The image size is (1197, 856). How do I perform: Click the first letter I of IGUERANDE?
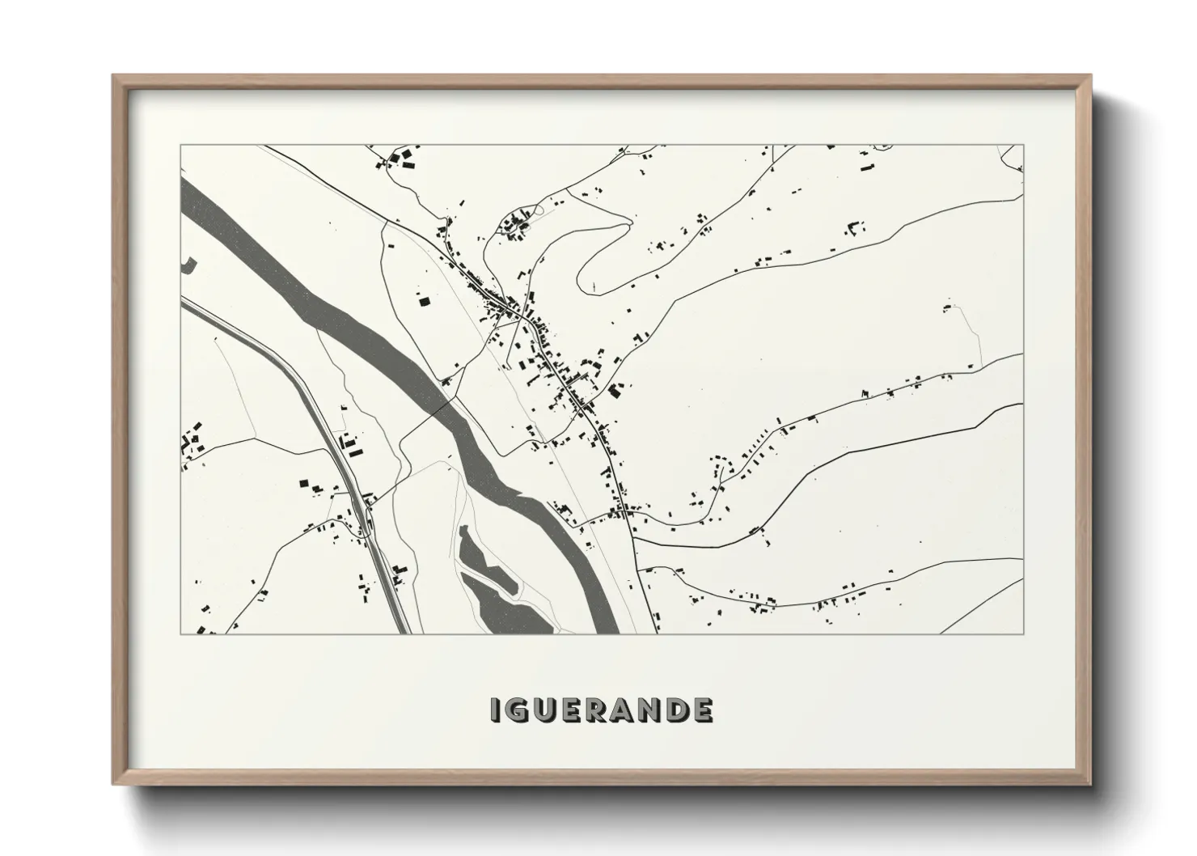coord(494,710)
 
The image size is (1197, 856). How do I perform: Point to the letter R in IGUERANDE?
coord(594,710)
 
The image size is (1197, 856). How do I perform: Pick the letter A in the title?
coord(620,710)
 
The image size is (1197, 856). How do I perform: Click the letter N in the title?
coord(649,710)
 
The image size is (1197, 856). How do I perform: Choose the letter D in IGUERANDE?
coord(677,710)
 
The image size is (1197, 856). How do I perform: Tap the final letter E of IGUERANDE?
coord(703,710)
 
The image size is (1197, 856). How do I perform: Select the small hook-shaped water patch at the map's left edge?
coord(189,264)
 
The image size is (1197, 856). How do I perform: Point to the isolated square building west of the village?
coord(423,302)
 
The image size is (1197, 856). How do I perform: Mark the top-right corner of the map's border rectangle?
coord(1023,145)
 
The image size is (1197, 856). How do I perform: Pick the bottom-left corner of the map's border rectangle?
coord(180,634)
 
